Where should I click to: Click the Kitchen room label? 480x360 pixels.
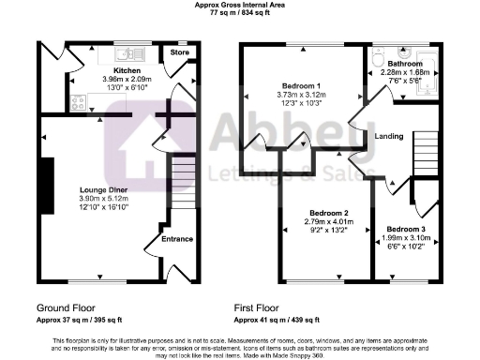pyautogui.click(x=127, y=69)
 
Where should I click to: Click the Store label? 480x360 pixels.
pyautogui.click(x=179, y=53)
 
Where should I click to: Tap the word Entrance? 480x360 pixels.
pyautogui.click(x=177, y=239)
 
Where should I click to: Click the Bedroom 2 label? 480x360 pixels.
pyautogui.click(x=326, y=213)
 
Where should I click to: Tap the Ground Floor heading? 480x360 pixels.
pyautogui.click(x=67, y=307)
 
